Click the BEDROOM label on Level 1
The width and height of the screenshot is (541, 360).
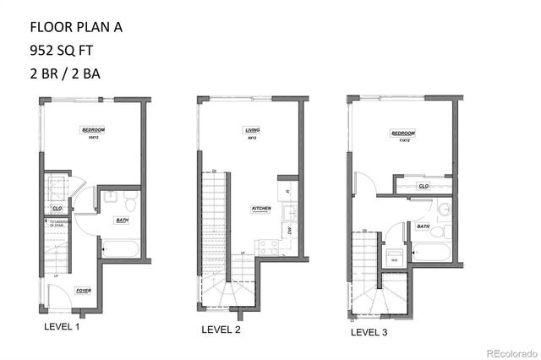click(x=93, y=129)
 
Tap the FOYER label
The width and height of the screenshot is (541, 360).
click(x=83, y=290)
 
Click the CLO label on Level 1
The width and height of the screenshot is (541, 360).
click(x=57, y=207)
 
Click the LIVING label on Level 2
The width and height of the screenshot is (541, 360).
click(x=252, y=129)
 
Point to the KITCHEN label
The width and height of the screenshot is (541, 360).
click(x=261, y=208)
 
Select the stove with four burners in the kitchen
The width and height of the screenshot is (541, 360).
click(x=269, y=247)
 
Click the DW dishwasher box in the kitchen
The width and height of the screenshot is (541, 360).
click(x=288, y=229)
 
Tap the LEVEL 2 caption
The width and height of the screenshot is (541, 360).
click(x=221, y=330)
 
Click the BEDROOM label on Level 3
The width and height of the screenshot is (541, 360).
click(x=403, y=133)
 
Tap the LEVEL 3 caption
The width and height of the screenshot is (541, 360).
click(x=369, y=332)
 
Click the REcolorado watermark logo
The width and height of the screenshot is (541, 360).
click(x=506, y=352)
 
